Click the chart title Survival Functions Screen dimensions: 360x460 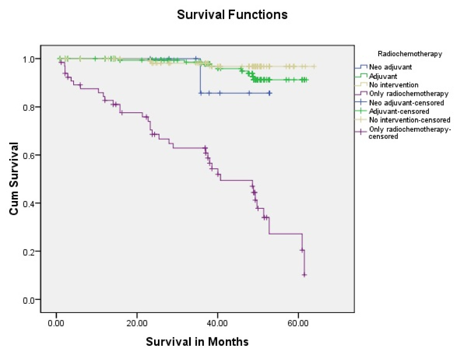tap(232, 15)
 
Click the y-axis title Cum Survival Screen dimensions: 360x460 tap(14, 179)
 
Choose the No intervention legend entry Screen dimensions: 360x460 tap(393, 85)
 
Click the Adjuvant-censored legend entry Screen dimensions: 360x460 tap(398, 111)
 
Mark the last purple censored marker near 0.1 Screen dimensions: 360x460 tap(304, 275)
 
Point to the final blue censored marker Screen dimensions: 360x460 tap(270, 93)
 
